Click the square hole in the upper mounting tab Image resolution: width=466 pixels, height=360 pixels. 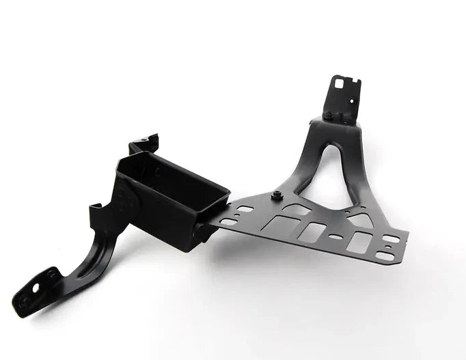(x=338, y=85)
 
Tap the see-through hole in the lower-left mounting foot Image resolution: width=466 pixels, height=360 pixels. (x=52, y=275)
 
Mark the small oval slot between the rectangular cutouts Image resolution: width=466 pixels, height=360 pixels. (x=335, y=237)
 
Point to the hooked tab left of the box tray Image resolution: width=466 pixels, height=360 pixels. (x=95, y=208)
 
